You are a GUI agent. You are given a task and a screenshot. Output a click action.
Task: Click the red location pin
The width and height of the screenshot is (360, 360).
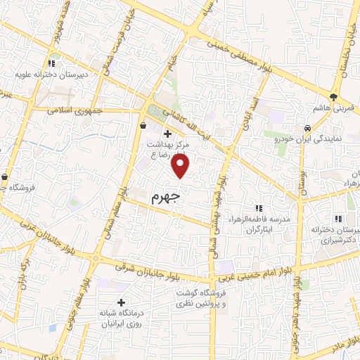pyautogui.click(x=181, y=165)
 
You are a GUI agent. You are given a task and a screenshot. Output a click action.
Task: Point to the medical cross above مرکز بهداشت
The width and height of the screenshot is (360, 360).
pyautogui.click(x=167, y=133)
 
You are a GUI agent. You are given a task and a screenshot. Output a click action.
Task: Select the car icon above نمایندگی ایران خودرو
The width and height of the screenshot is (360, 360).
pyautogui.click(x=308, y=128)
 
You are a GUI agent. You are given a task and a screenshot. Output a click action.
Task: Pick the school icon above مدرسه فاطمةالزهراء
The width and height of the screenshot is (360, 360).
pyautogui.click(x=258, y=208)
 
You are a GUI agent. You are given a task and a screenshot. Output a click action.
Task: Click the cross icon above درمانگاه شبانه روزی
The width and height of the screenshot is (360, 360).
pyautogui.click(x=122, y=302)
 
